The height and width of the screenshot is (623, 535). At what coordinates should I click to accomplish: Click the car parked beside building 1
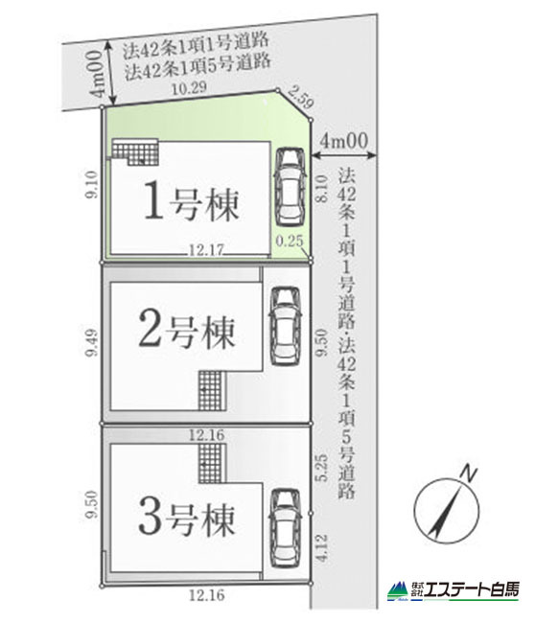click(291, 188)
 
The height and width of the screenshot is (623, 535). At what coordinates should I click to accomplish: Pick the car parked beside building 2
click(285, 326)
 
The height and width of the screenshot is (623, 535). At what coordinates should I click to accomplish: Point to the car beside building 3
click(285, 528)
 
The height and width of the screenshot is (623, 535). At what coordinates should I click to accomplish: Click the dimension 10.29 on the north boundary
click(189, 88)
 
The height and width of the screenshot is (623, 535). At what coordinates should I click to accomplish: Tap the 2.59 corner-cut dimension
click(300, 98)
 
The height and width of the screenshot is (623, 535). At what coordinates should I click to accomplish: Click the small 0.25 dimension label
click(289, 241)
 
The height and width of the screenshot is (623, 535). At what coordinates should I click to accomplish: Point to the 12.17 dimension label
click(206, 250)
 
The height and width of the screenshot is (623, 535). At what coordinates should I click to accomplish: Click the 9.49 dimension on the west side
click(92, 342)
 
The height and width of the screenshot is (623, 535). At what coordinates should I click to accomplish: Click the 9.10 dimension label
click(92, 184)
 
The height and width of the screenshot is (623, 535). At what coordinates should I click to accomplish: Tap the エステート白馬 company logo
click(454, 591)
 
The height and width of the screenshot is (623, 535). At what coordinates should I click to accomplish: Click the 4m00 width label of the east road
click(344, 141)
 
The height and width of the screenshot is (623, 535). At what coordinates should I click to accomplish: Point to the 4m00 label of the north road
click(97, 74)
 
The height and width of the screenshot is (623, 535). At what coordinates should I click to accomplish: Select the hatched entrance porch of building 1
click(135, 151)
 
